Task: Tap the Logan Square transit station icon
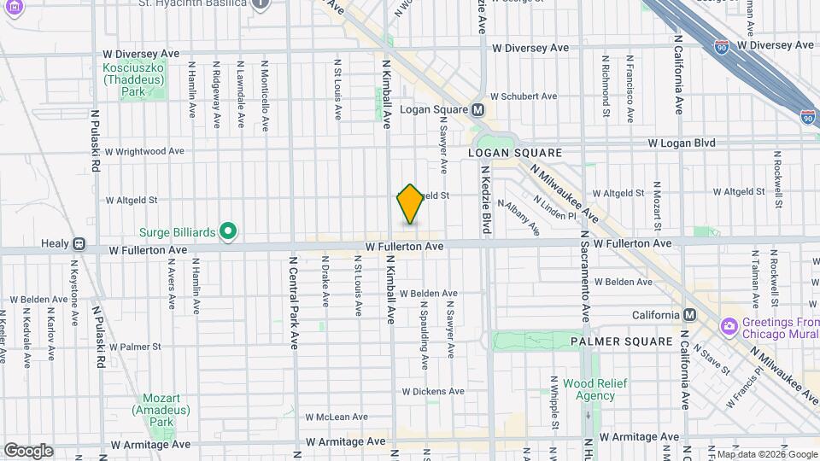(477, 109)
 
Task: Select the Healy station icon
(79, 243)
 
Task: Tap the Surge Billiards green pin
(227, 230)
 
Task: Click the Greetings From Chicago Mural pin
(729, 327)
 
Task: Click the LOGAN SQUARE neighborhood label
(515, 153)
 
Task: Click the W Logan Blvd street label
(682, 143)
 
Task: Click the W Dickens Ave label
(433, 391)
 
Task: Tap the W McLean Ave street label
(337, 417)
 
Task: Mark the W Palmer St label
(134, 347)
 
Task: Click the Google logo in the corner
(28, 451)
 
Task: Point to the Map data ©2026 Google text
(766, 454)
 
